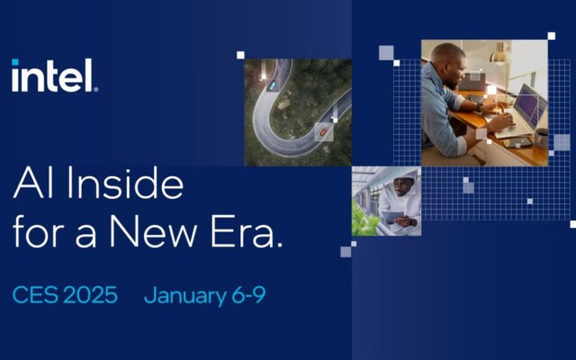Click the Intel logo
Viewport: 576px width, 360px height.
coord(55,76)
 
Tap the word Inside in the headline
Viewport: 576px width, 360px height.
coord(125,183)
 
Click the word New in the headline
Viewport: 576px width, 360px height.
coord(153,232)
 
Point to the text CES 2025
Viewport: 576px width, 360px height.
coord(65,295)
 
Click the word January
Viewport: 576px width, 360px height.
coord(185,296)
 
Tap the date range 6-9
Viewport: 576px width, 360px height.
coord(248,295)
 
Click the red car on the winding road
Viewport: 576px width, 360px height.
coord(323,131)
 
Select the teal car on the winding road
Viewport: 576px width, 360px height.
coord(272,85)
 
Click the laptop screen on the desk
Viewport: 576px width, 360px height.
coord(531,106)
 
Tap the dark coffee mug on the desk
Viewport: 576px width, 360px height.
coord(541,138)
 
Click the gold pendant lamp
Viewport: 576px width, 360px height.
coord(500,54)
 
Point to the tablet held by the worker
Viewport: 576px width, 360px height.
coord(392,217)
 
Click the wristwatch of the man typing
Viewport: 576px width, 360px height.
coord(479,107)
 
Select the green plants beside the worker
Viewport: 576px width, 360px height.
coord(364,220)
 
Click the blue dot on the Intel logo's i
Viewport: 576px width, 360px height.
coord(15,62)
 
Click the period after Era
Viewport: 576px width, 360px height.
coord(280,245)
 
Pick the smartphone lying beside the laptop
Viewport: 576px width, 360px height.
coord(517,142)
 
